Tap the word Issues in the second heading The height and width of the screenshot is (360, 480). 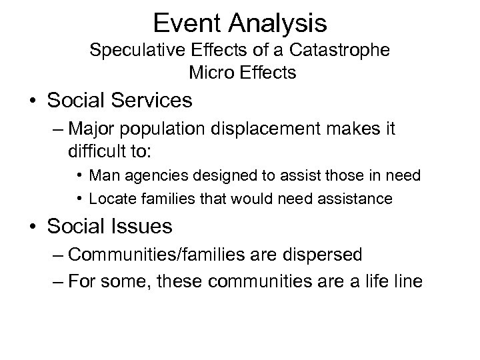[x=141, y=227]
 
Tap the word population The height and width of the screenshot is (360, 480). [x=162, y=127]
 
